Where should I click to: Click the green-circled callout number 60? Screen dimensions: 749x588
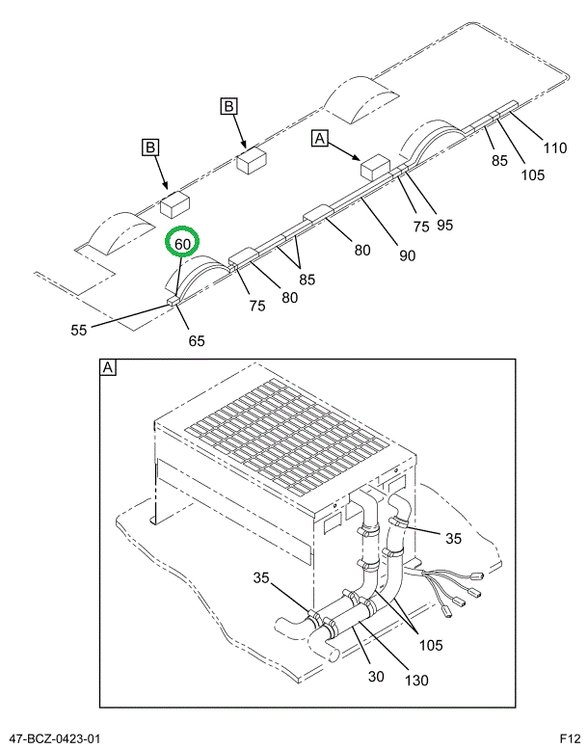(182, 244)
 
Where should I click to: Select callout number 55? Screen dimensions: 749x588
(79, 330)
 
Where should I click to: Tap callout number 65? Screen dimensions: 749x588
(196, 340)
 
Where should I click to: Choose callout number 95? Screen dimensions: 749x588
(443, 225)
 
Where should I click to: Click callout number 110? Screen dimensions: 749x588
(555, 147)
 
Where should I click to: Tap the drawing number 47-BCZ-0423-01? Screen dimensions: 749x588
(54, 738)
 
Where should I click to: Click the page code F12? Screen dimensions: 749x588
(569, 738)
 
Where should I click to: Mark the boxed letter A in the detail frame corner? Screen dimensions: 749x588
(108, 368)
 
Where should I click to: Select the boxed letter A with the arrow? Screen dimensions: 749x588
(320, 140)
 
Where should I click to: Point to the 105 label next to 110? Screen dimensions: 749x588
(532, 174)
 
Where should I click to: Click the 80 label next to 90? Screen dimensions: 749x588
(361, 251)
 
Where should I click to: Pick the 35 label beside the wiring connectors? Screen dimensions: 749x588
(454, 537)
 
